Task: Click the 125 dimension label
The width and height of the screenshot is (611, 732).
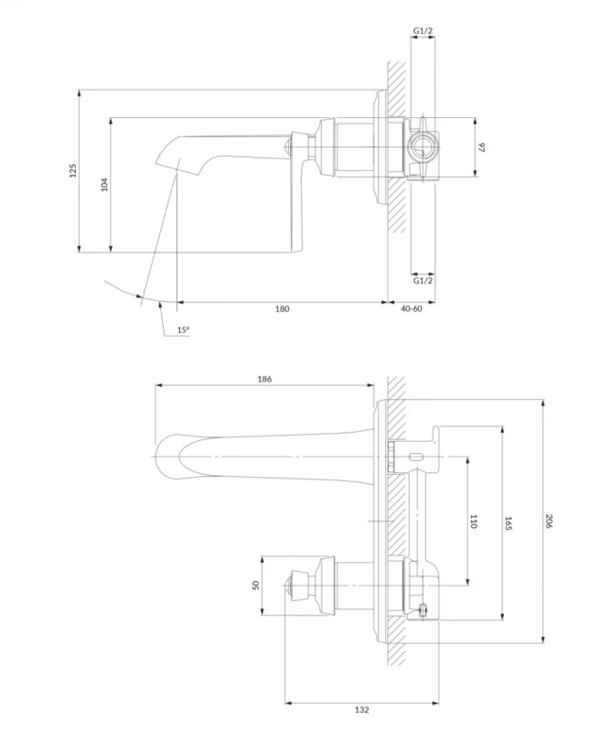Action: click(x=72, y=170)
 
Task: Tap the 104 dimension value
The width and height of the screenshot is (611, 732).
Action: click(x=104, y=184)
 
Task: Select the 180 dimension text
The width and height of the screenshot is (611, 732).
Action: click(x=282, y=309)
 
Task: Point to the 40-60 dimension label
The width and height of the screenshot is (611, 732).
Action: click(x=412, y=309)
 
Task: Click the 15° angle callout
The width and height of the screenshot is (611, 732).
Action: click(x=183, y=329)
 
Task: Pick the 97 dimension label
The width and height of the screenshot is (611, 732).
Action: click(x=482, y=147)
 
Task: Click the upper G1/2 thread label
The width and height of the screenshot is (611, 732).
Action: click(x=423, y=31)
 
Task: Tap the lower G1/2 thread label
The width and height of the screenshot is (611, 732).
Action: click(x=423, y=280)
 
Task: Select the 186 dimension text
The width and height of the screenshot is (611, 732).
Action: click(x=264, y=379)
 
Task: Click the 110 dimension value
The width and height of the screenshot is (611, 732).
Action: click(x=473, y=521)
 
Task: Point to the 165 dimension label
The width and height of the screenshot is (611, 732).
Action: click(x=509, y=523)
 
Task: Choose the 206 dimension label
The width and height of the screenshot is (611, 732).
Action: click(x=549, y=521)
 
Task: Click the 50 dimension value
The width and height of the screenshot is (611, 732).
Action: click(x=255, y=585)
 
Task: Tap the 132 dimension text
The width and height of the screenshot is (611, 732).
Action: click(x=361, y=723)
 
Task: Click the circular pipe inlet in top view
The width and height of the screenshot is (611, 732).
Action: click(x=422, y=147)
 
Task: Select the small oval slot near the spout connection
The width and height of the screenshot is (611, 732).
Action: click(x=415, y=456)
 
